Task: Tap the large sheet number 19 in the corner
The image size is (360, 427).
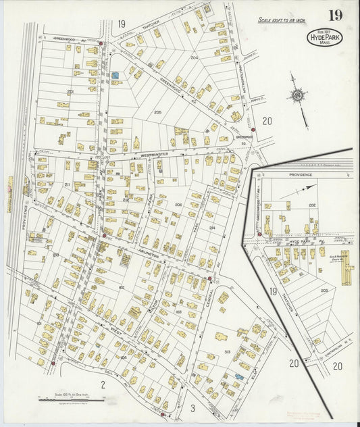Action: (335, 15)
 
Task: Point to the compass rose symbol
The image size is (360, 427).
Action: (297, 97)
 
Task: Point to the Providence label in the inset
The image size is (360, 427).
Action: (301, 174)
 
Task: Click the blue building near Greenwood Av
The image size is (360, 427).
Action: (115, 75)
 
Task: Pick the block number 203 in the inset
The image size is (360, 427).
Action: (324, 291)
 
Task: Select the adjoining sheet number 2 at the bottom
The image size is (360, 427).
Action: (103, 384)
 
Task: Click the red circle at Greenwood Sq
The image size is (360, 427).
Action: (251, 130)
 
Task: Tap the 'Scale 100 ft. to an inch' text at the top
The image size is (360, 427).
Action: (280, 21)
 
